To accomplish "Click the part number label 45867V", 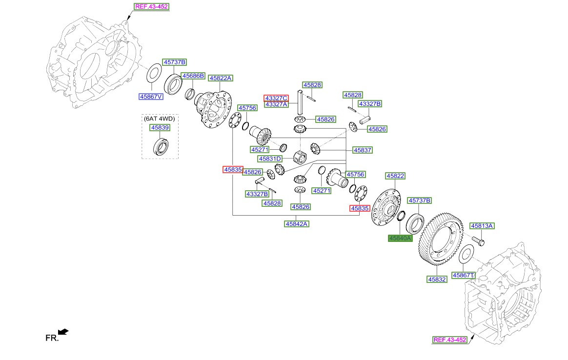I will click(151, 97).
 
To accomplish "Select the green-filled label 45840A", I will click(400, 238).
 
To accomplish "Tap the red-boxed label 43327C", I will click(276, 98).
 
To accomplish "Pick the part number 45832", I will click(437, 280).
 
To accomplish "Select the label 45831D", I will click(270, 159).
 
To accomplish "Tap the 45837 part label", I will click(363, 151).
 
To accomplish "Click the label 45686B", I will click(193, 76).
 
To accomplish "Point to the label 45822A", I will click(221, 78).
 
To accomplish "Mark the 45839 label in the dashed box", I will click(160, 127).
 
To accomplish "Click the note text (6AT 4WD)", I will click(159, 118).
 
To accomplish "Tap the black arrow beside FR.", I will click(63, 332).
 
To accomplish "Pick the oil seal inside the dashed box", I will click(160, 146).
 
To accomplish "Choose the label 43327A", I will click(276, 104).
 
